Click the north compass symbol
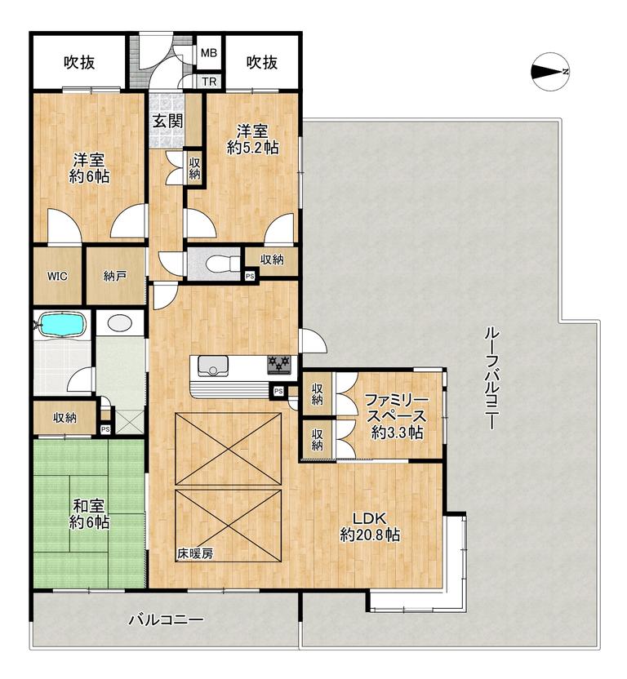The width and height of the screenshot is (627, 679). click(550, 72)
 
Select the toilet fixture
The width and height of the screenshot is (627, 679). click(223, 263)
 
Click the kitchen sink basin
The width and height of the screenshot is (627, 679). click(213, 366)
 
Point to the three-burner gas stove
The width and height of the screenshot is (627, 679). click(279, 365)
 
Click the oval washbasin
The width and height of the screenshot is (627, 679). click(120, 322)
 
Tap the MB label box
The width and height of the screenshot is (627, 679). click(209, 53)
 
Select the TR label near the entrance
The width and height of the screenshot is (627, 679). click(209, 82)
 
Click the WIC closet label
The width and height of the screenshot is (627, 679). click(57, 276)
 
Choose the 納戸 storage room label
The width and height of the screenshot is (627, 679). click(115, 276)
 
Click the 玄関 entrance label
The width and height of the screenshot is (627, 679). click(167, 122)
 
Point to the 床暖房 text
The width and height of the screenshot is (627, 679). click(195, 553)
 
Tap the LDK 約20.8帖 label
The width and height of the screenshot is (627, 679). click(370, 526)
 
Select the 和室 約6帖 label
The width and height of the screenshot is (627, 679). click(89, 513)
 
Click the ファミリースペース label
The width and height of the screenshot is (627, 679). click(397, 407)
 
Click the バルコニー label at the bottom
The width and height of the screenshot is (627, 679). click(166, 620)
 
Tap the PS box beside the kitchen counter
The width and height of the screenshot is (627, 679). click(278, 391)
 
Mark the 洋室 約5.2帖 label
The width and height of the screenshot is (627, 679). click(252, 140)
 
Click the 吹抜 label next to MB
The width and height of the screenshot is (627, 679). click(262, 63)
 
